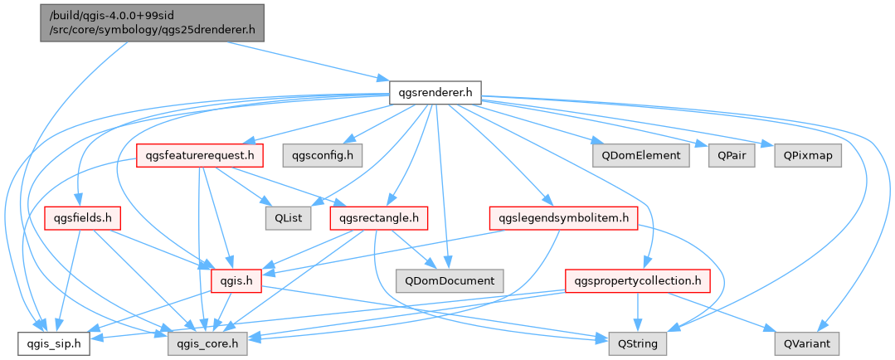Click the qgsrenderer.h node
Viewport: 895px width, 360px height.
pyautogui.click(x=435, y=93)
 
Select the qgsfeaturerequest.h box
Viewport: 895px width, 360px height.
pyautogui.click(x=199, y=155)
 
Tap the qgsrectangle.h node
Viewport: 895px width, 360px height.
pyautogui.click(x=379, y=218)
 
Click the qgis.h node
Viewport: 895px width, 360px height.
pyautogui.click(x=236, y=280)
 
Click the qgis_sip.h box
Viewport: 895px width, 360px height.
pyautogui.click(x=47, y=342)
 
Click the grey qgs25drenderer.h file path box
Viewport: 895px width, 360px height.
pyautogui.click(x=151, y=22)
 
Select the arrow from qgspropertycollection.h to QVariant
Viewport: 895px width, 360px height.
pyautogui.click(x=730, y=313)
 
